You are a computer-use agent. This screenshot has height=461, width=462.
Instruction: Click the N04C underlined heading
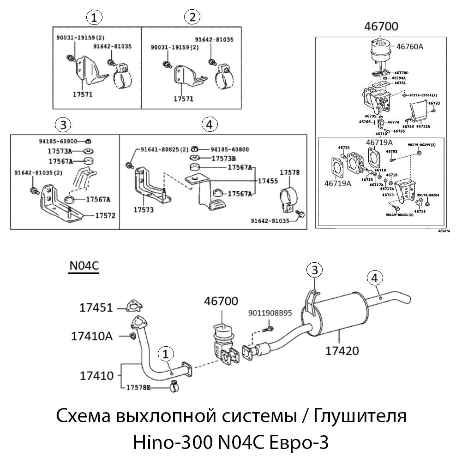pos(84,266)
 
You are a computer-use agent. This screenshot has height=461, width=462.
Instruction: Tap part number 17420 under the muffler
pos(342,351)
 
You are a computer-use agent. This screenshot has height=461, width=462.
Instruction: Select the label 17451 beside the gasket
pos(96,307)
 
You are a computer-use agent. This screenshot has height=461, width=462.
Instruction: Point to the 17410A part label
pos(92,336)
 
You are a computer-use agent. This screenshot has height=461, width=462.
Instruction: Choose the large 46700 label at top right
pos(381,26)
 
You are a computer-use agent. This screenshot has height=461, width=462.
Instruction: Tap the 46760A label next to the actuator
pos(410,46)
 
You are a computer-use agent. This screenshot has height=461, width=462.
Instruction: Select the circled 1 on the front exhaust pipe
pos(166,354)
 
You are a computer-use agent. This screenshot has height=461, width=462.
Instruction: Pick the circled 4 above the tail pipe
pos(375,278)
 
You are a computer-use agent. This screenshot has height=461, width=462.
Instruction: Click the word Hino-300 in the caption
pos(171,443)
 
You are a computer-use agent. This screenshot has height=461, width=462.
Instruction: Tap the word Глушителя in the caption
pos(360,417)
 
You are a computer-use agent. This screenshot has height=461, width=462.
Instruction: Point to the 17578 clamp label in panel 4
pos(289,172)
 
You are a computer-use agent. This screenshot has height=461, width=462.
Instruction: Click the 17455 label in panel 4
pos(268,180)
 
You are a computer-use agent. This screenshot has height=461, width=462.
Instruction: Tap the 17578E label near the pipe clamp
pos(138,388)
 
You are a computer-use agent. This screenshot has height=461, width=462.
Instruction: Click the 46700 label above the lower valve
pos(222,301)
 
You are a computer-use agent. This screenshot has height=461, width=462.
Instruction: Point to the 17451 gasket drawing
pos(132,306)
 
